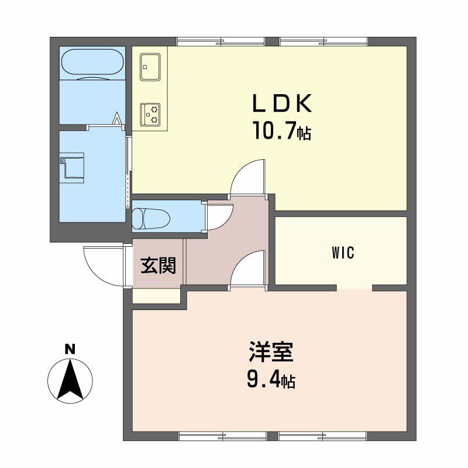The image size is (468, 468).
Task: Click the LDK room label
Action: pos(282,104)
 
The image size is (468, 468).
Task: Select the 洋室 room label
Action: pos(271,352)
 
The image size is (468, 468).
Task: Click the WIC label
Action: pos(343,253)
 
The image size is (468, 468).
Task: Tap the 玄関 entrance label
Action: pos(158,266)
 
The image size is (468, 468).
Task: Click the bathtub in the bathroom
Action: pos(93,62)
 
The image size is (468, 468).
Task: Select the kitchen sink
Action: pos(150,67)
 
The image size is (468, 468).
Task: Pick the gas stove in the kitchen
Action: pos(150,115)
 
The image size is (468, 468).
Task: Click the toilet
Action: pos(151,218)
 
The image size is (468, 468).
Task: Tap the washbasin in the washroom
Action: pos(72,168)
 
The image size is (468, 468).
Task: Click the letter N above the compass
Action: pos(70,349)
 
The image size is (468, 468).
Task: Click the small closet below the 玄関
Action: pos(157,296)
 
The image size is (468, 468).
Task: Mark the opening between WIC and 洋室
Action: pos(355,288)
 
